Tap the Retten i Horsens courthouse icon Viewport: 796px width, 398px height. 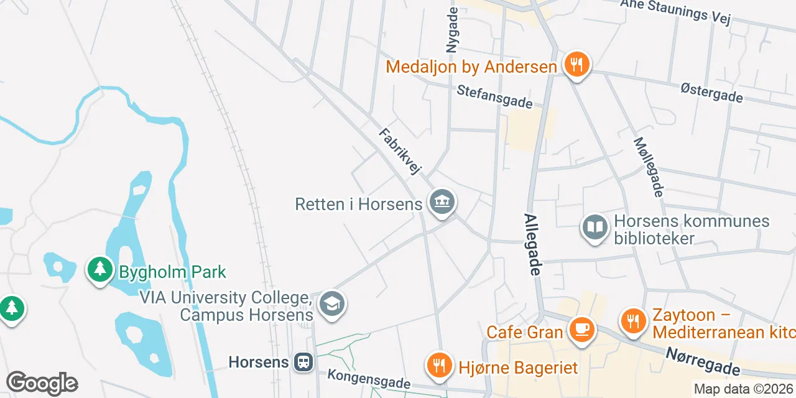click(442, 202)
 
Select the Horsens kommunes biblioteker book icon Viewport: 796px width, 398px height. click(595, 228)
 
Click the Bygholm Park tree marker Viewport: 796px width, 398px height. click(99, 270)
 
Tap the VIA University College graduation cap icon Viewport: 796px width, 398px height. click(332, 304)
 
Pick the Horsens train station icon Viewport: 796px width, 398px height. click(304, 361)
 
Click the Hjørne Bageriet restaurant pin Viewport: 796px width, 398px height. click(440, 366)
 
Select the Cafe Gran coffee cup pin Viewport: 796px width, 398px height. click(582, 328)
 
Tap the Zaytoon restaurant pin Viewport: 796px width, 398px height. click(634, 321)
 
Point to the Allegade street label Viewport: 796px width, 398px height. click(533, 245)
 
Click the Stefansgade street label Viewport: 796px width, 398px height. click(495, 96)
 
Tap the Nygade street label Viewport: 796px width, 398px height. click(452, 30)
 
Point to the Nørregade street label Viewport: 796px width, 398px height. click(703, 361)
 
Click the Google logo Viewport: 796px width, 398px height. click(42, 383)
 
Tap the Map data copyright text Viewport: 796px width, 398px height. click(744, 389)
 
